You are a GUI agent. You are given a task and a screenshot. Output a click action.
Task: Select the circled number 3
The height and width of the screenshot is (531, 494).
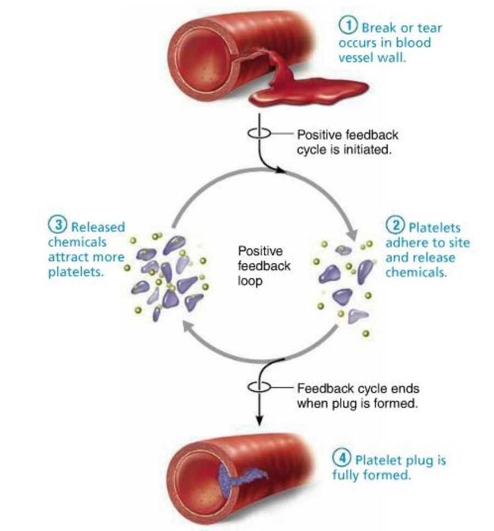coord(57,226)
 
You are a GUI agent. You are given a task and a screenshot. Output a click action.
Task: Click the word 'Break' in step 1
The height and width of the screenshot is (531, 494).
coord(378,27)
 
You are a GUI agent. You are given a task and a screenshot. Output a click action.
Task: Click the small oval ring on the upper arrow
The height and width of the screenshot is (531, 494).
coord(258,134)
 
